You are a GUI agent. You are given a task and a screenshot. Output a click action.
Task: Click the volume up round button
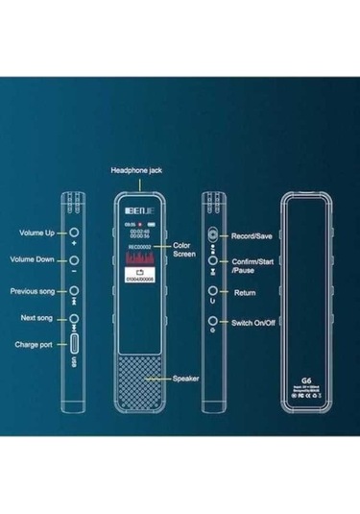coord(75,233)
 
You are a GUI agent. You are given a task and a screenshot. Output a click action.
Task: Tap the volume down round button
coord(75,261)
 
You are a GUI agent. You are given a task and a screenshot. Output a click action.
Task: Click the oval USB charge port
coord(75,343)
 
